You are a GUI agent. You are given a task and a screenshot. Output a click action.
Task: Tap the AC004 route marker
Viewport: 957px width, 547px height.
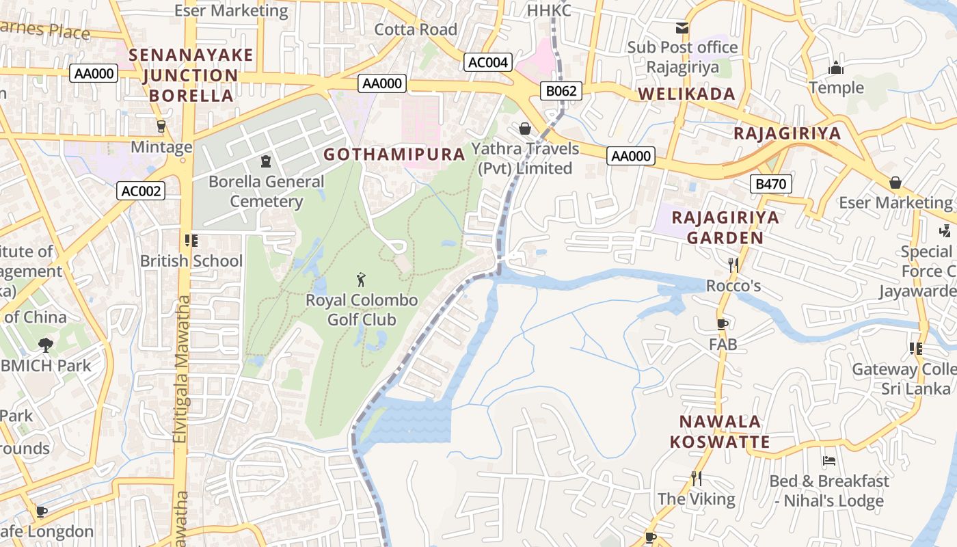pos(487,62)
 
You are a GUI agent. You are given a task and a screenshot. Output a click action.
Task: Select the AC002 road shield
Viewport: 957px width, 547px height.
pos(141,191)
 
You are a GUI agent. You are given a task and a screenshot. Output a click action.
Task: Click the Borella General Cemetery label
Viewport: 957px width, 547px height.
pos(266,191)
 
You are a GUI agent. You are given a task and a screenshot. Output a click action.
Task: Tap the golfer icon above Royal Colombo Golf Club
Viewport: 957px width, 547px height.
pos(362,280)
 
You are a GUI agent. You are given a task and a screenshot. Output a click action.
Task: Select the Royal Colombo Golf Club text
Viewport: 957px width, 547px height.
pos(362,310)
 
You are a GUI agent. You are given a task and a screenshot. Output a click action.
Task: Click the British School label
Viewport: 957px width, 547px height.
pos(191,261)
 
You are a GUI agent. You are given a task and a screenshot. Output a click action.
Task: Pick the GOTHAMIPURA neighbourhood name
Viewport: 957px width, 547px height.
pos(394,155)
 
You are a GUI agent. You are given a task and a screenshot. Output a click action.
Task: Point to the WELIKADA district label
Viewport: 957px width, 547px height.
pos(686,94)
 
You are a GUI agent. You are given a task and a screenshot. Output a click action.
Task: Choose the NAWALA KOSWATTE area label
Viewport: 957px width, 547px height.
pos(720,431)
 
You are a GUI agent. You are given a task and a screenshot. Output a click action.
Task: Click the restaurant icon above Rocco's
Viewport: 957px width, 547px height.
pos(733,265)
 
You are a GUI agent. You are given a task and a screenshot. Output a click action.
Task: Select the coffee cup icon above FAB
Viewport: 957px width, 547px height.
pos(723,324)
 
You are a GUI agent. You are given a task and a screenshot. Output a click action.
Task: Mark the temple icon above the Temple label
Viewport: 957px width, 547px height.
pos(836,68)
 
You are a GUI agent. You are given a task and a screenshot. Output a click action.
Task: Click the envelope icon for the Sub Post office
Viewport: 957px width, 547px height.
pos(682,27)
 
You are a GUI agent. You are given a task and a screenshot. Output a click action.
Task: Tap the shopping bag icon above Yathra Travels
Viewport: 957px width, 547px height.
pos(524,128)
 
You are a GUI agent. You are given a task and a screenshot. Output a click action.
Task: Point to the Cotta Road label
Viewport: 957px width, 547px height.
pos(416,29)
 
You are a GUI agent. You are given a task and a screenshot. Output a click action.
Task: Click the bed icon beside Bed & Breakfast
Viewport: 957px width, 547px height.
pos(829,461)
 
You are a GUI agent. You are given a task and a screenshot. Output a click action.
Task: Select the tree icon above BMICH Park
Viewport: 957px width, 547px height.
pos(46,345)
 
